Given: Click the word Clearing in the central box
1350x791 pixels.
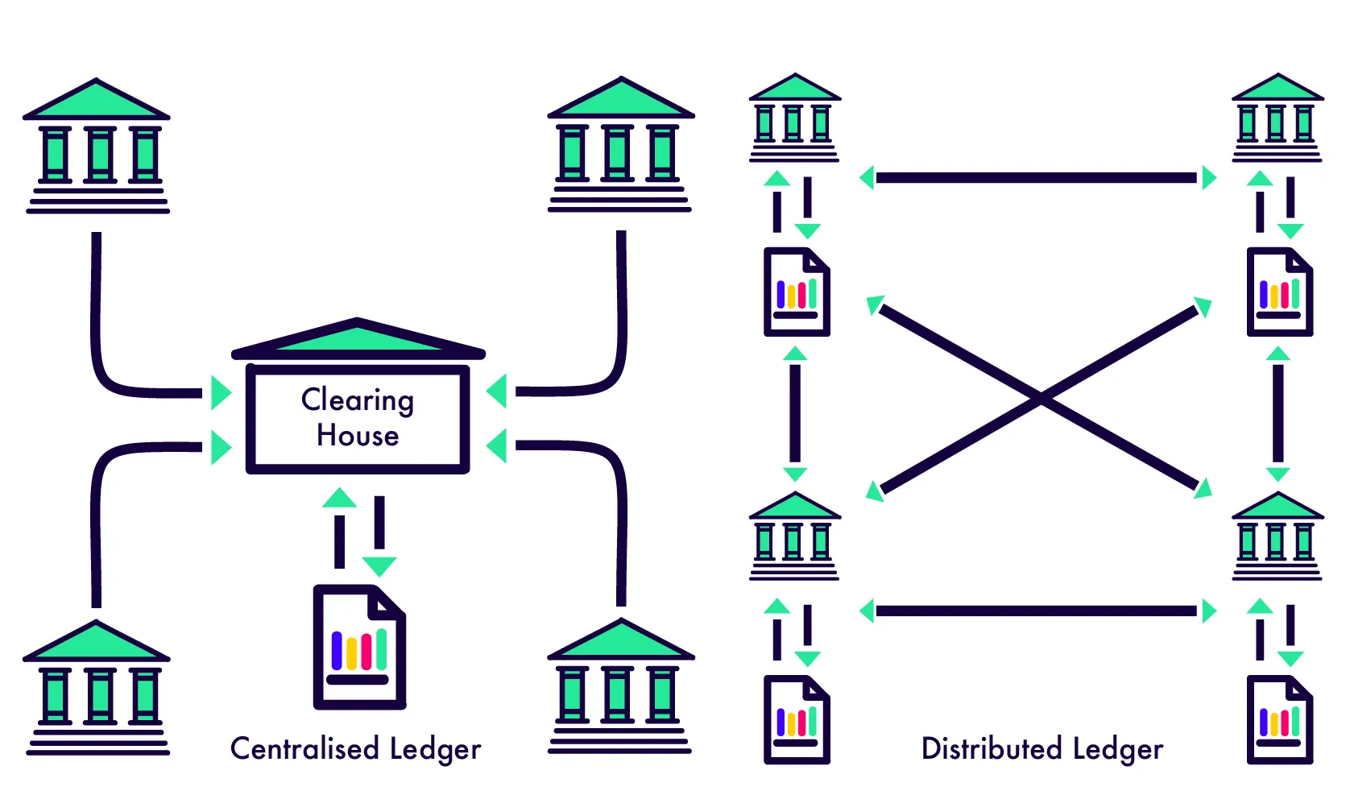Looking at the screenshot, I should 358,400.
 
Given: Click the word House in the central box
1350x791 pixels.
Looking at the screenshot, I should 358,436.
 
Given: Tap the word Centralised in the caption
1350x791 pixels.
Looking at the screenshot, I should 304,748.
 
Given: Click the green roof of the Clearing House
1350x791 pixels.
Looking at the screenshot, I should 358,338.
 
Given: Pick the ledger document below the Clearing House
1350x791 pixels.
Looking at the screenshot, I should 359,648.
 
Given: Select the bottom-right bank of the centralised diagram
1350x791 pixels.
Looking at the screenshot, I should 620,686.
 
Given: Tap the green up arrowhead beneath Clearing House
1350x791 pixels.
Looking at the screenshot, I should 339,498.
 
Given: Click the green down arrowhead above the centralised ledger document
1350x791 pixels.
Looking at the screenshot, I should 379,565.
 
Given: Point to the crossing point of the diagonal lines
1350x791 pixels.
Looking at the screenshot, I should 1040,398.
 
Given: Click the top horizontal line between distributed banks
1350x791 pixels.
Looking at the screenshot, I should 1036,177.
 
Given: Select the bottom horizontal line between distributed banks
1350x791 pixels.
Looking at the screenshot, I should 1036,611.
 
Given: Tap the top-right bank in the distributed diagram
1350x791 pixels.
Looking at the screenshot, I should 1277,118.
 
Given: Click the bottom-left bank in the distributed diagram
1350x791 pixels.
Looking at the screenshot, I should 794,536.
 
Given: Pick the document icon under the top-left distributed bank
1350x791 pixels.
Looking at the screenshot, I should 797,292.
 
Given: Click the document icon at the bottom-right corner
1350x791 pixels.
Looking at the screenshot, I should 1279,720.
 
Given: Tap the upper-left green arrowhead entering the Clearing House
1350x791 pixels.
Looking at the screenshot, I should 220,392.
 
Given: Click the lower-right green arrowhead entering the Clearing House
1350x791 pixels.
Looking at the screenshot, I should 497,445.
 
